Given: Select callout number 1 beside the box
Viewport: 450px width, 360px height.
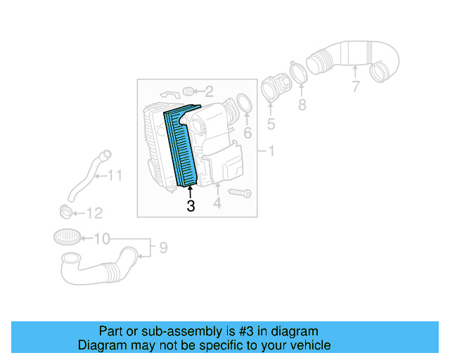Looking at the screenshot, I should pyautogui.click(x=271, y=151).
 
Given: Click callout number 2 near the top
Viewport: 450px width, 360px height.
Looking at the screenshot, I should pyautogui.click(x=209, y=91).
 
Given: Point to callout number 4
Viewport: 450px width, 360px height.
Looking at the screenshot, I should pyautogui.click(x=218, y=203).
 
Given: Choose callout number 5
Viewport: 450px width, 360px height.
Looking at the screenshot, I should pyautogui.click(x=271, y=125).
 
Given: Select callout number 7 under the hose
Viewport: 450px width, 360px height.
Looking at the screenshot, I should pyautogui.click(x=356, y=86).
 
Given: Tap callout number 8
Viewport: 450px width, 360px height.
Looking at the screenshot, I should pyautogui.click(x=302, y=105).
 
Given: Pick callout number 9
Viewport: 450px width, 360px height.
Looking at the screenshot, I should pyautogui.click(x=162, y=247).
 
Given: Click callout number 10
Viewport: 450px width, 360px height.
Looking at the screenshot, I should pyautogui.click(x=102, y=239).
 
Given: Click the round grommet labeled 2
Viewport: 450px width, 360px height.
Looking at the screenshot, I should pyautogui.click(x=188, y=91).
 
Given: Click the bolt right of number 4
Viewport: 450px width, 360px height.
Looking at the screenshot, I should pyautogui.click(x=240, y=191).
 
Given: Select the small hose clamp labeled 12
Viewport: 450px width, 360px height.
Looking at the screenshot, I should pyautogui.click(x=65, y=210).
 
